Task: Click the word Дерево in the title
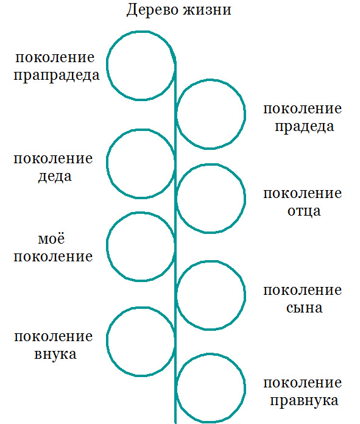[x=152, y=10]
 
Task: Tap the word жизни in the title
[x=207, y=10]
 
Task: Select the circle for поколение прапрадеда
[x=107, y=66]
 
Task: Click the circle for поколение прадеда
[x=244, y=114]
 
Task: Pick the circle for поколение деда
[x=107, y=164]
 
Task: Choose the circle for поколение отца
[x=244, y=198]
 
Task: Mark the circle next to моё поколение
[x=107, y=247]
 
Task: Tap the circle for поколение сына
[x=244, y=295]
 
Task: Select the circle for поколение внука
[x=107, y=342]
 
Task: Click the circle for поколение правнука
[x=244, y=388]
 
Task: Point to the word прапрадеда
[x=57, y=76]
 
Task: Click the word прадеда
[x=305, y=127]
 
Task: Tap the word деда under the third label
[x=55, y=177]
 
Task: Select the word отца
[x=304, y=211]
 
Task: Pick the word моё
[x=51, y=239]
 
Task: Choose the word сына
[x=305, y=308]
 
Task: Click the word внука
[x=55, y=355]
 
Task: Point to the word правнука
[x=305, y=401]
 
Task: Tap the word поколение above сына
[x=303, y=291]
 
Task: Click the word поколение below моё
[x=53, y=256]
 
